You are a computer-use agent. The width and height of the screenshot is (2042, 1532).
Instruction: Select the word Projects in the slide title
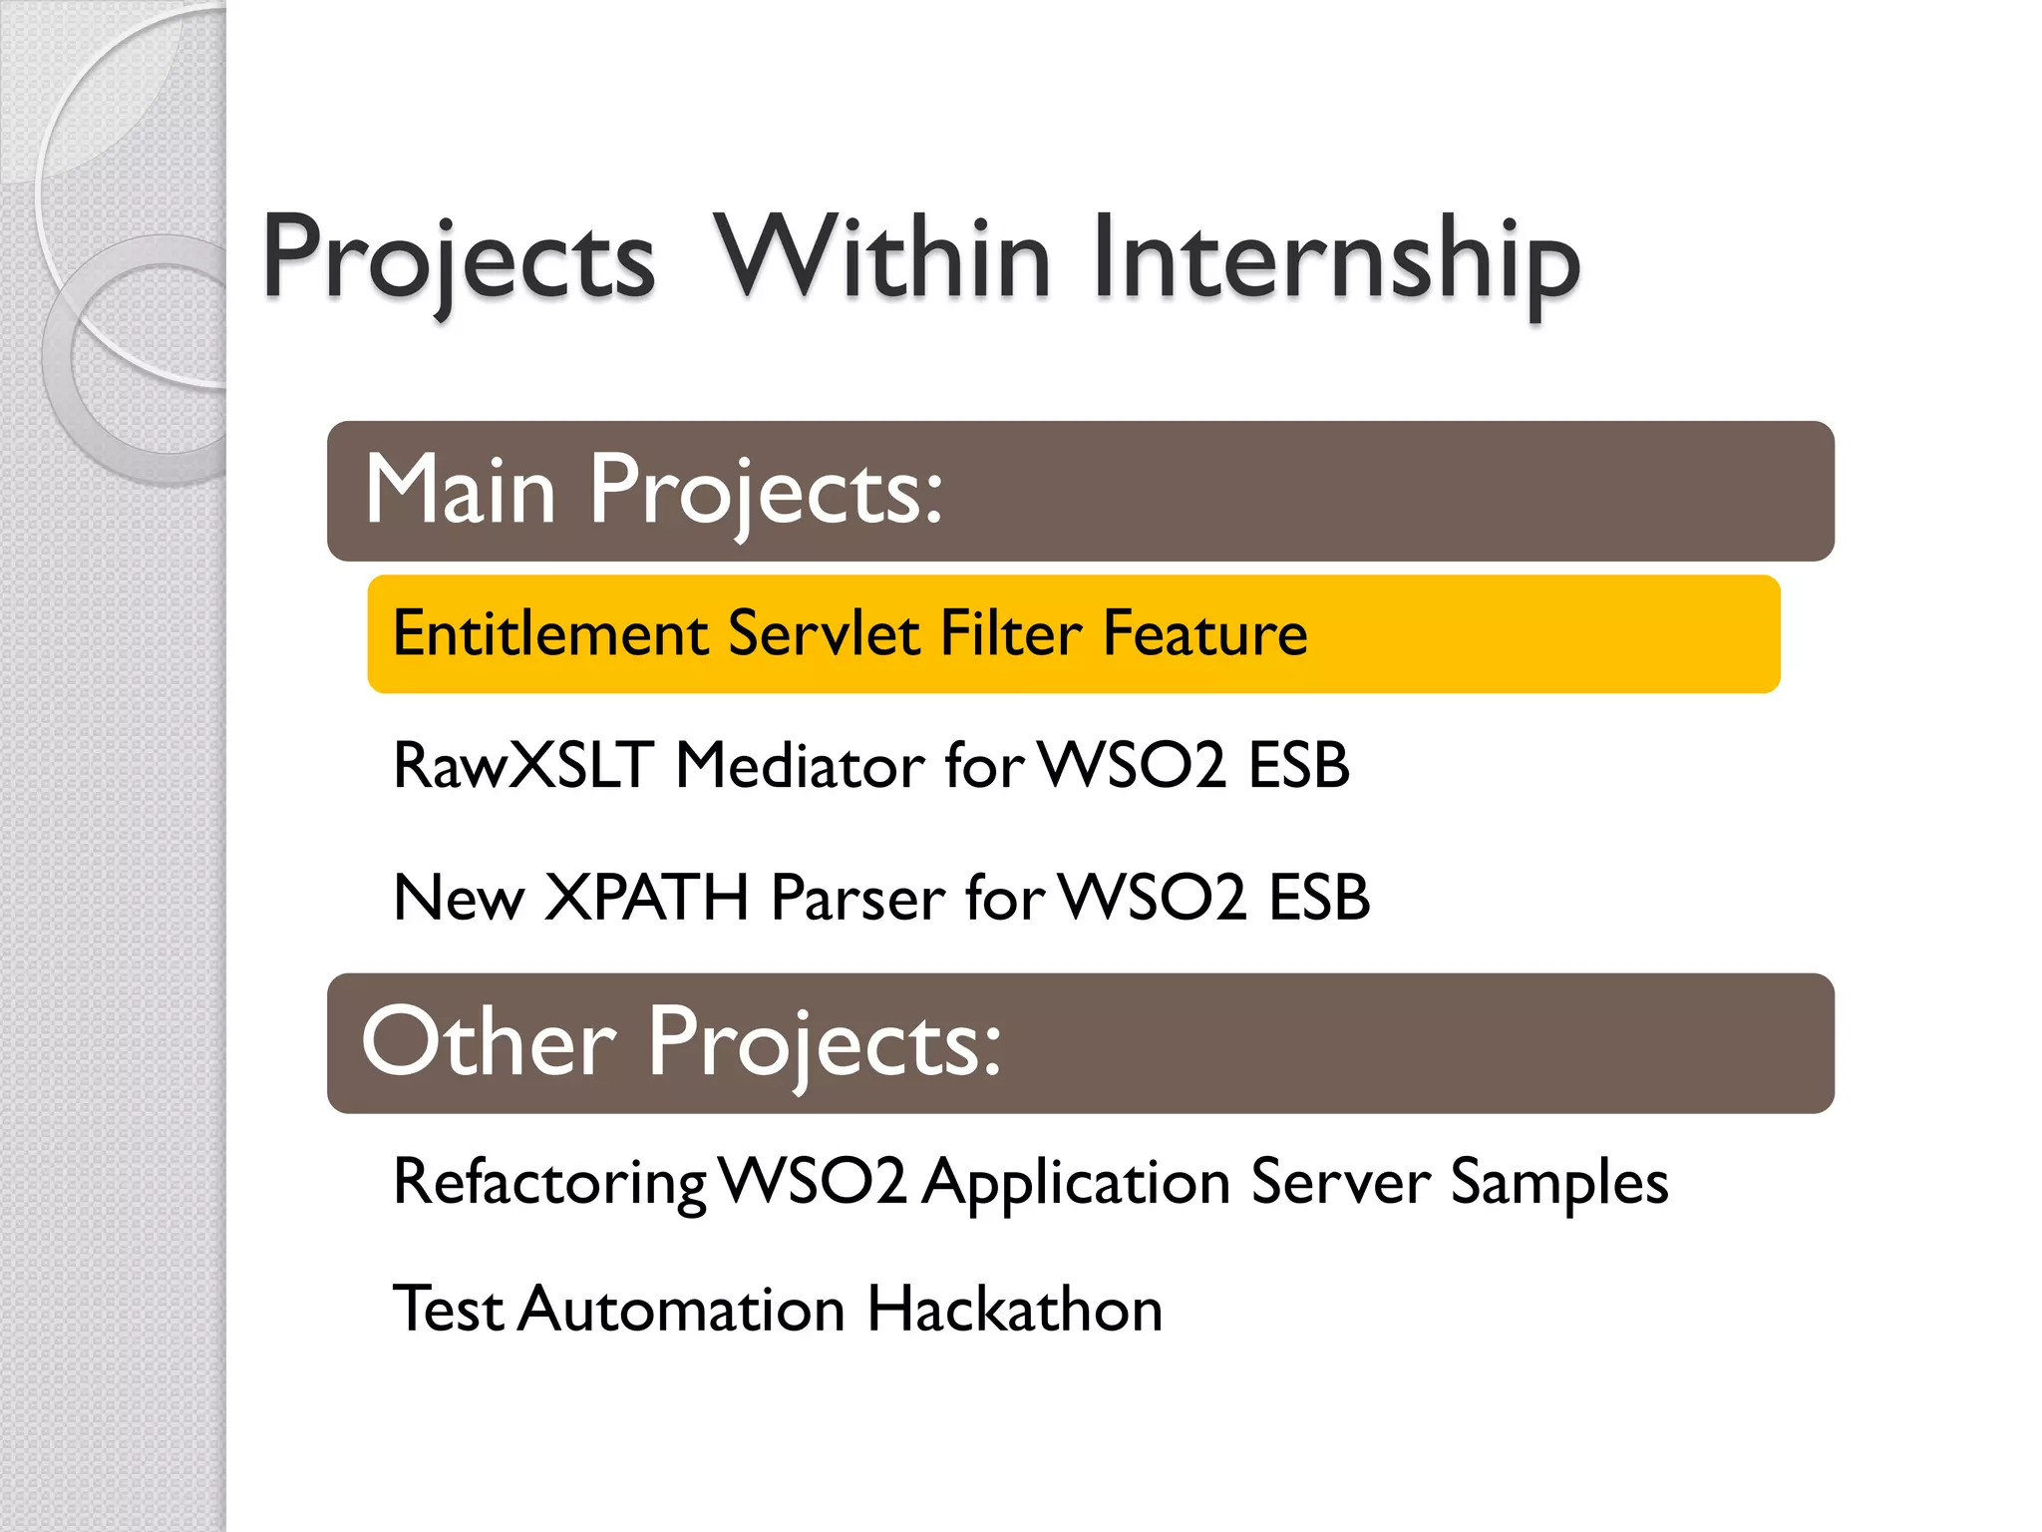(460, 261)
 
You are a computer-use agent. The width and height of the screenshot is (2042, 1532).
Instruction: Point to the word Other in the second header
(490, 1042)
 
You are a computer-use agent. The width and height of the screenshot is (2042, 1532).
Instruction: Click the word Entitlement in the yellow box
(550, 633)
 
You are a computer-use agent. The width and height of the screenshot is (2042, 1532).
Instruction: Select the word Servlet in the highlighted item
(824, 633)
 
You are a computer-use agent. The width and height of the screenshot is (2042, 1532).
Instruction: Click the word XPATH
(647, 897)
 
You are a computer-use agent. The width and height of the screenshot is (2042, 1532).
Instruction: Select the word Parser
(858, 897)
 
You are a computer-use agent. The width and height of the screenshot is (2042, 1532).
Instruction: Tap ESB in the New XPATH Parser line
(1318, 897)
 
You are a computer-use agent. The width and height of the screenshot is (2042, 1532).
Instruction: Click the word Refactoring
(549, 1183)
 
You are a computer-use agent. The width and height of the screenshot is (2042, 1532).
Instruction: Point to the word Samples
(1558, 1183)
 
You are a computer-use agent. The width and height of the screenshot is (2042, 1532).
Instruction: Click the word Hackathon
(1014, 1309)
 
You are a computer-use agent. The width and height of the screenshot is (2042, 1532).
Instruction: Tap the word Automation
(682, 1309)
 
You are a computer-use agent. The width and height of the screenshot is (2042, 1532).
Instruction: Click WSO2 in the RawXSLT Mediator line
(1133, 766)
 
